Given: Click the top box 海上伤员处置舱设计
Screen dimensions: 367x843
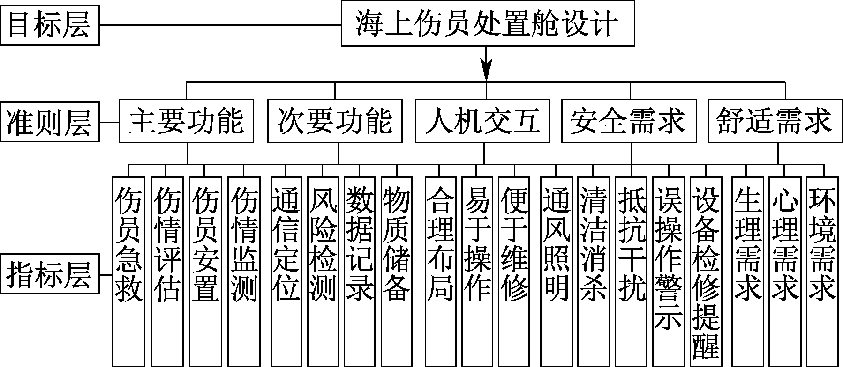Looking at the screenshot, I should (x=488, y=23).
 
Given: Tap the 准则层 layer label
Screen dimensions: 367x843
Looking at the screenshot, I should (x=50, y=123).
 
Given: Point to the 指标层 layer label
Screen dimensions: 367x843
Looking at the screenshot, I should (x=50, y=274).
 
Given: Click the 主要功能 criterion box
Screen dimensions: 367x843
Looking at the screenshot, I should (x=186, y=121).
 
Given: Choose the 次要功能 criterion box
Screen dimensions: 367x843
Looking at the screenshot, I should (x=335, y=121).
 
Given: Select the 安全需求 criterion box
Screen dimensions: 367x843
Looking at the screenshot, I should (x=629, y=121).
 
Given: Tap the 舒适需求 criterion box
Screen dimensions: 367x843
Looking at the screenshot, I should (x=775, y=121).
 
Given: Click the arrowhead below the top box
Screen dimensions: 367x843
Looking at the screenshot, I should (x=487, y=70).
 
